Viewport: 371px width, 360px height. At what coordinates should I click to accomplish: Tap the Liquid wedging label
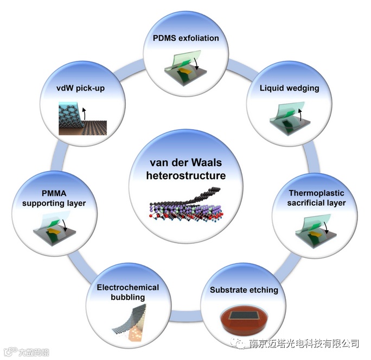point(282,88)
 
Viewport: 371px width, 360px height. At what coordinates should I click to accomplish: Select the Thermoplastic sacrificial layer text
point(317,198)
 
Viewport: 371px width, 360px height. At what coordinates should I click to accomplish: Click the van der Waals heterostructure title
point(186,169)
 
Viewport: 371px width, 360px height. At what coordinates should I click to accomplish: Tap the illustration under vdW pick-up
point(82,119)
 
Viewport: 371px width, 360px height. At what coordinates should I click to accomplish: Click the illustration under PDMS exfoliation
point(184,65)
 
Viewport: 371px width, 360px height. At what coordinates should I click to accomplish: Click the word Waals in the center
point(208,163)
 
